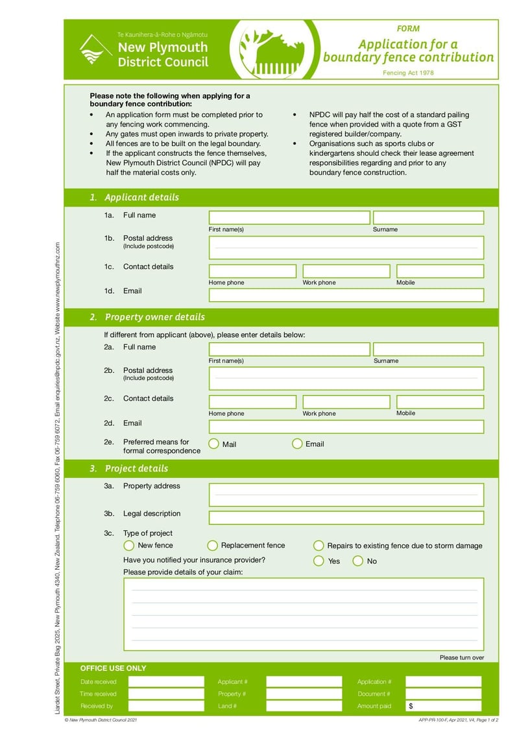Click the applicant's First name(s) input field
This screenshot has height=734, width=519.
(x=289, y=218)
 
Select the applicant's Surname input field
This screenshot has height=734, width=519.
(x=428, y=218)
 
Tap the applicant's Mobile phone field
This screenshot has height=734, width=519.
(x=440, y=271)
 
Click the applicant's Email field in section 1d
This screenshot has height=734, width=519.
(x=346, y=295)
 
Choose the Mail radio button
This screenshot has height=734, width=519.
(x=213, y=444)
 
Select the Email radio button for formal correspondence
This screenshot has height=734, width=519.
(x=297, y=444)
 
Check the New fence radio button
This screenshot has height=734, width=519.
(x=129, y=546)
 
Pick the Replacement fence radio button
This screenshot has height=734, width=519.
(x=212, y=546)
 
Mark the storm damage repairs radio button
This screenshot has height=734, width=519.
(x=319, y=546)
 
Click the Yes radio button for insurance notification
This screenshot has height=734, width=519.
(x=319, y=561)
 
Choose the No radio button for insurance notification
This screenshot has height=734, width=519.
(x=357, y=561)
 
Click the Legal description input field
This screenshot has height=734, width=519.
(x=346, y=518)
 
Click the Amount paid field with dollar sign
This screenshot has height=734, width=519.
(x=444, y=706)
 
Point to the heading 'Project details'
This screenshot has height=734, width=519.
(x=136, y=468)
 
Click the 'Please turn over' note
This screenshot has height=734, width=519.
(x=461, y=657)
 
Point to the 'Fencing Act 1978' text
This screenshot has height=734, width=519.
(x=408, y=73)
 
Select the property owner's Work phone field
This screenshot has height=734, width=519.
(x=346, y=402)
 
